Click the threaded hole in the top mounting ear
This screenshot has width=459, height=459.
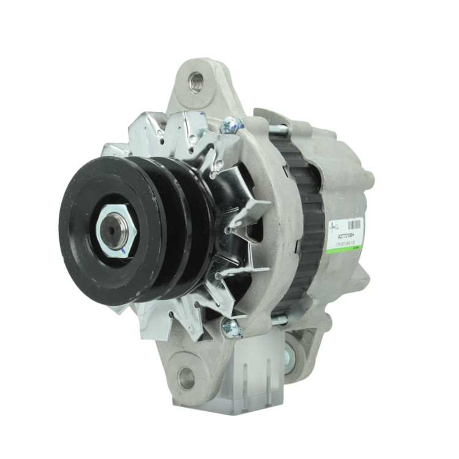[196, 82]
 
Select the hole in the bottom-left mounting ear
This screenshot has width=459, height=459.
[186, 378]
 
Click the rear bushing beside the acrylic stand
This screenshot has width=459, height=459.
[290, 353]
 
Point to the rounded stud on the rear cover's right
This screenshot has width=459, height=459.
[370, 177]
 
